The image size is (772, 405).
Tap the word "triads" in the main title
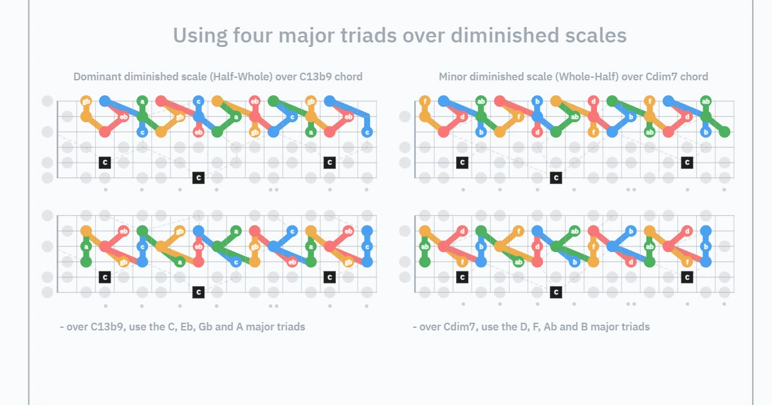[368, 35]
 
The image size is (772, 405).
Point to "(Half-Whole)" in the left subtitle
[241, 76]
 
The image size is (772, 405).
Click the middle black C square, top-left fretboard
[199, 177]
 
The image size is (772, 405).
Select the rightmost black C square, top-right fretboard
[687, 163]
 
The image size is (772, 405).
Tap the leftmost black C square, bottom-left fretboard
[105, 277]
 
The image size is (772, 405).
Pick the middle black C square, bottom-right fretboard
[556, 292]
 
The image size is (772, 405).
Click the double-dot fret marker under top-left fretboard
[273, 190]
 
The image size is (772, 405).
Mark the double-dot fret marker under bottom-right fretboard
[631, 304]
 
